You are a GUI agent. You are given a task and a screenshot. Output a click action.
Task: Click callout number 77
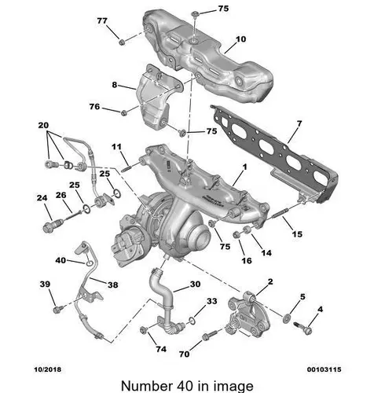(x=102, y=20)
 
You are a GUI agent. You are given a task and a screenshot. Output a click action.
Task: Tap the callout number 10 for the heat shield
(x=241, y=39)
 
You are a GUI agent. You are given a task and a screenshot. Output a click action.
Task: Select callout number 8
(x=115, y=85)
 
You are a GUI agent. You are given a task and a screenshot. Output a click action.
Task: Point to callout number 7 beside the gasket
(x=299, y=123)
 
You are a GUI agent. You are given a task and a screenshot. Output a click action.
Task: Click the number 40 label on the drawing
(x=60, y=260)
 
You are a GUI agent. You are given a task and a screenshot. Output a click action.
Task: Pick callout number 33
(x=212, y=301)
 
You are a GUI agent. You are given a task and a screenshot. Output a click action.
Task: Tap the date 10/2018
(x=48, y=369)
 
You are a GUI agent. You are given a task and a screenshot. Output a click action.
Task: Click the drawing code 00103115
(x=324, y=369)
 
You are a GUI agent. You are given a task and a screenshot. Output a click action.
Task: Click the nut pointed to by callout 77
(x=121, y=42)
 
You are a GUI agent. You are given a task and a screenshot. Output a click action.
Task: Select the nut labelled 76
(x=123, y=112)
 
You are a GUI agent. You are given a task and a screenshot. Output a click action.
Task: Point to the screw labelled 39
(x=57, y=309)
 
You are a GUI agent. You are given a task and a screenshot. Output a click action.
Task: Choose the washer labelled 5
(x=287, y=318)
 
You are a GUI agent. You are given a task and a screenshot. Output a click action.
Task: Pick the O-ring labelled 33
(x=192, y=321)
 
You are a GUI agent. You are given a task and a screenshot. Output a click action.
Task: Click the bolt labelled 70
(x=210, y=335)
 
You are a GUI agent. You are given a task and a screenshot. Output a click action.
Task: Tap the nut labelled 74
(x=143, y=330)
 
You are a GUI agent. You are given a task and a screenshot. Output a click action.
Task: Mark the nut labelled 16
(x=236, y=234)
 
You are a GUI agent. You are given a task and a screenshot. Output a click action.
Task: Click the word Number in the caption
(x=146, y=386)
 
